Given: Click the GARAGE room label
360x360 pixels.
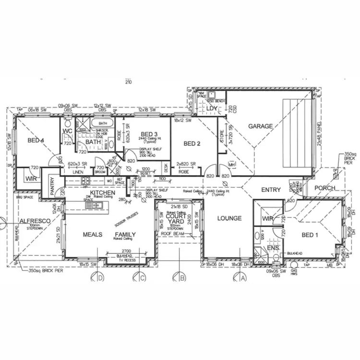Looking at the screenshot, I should [x=260, y=126].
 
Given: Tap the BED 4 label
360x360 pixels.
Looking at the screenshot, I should [x=36, y=140].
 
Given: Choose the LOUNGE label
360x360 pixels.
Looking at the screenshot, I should [x=229, y=218].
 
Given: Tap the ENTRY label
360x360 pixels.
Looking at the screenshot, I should [x=271, y=190].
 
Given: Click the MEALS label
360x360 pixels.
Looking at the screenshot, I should [x=92, y=235].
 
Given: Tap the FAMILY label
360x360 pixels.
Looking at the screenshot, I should [x=125, y=235].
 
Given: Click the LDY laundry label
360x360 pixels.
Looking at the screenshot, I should [x=212, y=109].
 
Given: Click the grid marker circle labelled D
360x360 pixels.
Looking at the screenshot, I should [x=99, y=277].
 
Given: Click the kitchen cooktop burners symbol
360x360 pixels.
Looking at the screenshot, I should [x=86, y=181].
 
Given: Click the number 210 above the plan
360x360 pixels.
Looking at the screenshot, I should [x=128, y=82].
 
